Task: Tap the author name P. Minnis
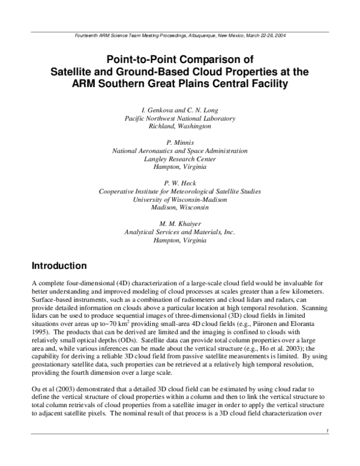179,142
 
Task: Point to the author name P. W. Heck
179,183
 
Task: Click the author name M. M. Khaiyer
179,223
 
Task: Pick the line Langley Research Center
179,159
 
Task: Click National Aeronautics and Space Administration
179,151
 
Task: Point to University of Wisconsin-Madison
179,199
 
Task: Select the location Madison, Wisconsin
179,208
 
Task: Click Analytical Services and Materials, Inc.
179,232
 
